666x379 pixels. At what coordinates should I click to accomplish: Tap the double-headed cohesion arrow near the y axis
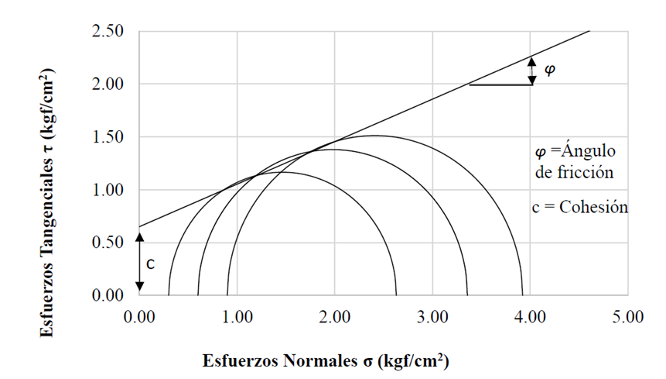point(140,264)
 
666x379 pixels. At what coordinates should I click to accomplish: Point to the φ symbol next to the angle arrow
point(550,69)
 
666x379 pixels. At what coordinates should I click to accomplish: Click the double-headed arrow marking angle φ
point(531,71)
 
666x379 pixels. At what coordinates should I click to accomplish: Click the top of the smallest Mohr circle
point(283,172)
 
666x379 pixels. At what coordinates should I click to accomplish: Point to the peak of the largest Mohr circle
point(374,136)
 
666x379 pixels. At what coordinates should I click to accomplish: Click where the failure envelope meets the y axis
point(140,226)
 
